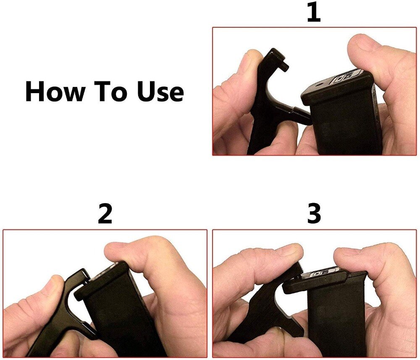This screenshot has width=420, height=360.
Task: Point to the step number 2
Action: coord(105,214)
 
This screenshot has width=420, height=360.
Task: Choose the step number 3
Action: coord(314,214)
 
